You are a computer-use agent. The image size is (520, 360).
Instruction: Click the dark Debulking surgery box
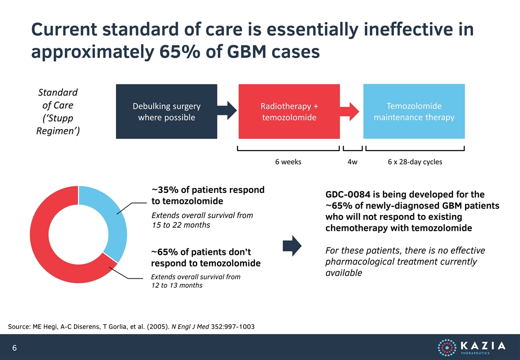[x=166, y=111]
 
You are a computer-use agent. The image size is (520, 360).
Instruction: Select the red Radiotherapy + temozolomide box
[x=289, y=111]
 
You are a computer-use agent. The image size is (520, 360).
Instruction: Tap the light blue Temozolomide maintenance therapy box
[x=414, y=111]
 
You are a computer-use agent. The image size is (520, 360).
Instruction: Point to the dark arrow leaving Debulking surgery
[x=227, y=110]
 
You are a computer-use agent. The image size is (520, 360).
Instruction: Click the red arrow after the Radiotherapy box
[x=349, y=111]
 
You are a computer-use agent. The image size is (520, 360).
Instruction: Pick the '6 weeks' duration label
[x=288, y=162]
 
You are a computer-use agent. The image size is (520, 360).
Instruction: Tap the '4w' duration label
[x=352, y=162]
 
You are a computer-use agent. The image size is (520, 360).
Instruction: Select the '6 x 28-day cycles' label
[x=415, y=162]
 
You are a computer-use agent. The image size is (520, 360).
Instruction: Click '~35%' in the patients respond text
[x=165, y=190]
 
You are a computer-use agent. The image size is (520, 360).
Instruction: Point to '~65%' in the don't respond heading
[x=164, y=252]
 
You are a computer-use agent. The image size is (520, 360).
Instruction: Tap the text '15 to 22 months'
[x=181, y=225]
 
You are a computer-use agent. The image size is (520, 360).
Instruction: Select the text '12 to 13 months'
[x=177, y=285]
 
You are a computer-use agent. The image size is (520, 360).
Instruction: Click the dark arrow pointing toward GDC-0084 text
[x=292, y=246]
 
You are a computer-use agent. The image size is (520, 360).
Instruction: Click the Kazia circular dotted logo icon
[x=447, y=347]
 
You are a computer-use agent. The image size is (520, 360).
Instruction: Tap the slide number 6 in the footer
[x=14, y=347]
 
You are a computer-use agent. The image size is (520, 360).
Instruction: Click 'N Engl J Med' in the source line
[x=190, y=326]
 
